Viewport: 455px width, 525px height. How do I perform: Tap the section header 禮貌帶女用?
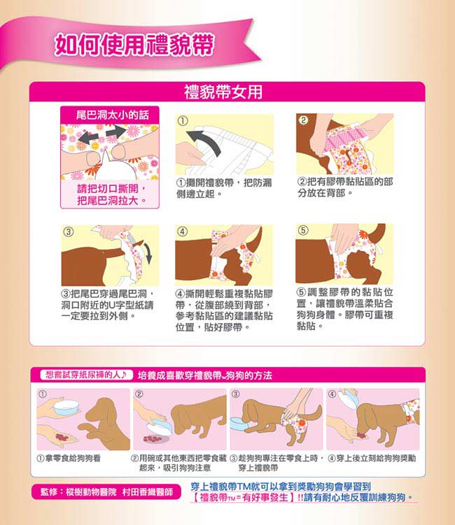point(223,92)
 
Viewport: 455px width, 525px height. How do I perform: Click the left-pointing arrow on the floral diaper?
point(89,137)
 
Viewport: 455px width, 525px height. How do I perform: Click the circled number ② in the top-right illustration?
point(303,120)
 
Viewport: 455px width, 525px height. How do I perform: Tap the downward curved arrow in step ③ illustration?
point(147,254)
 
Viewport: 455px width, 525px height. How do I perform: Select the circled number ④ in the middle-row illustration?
point(182,231)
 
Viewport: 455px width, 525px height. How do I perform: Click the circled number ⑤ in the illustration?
point(303,230)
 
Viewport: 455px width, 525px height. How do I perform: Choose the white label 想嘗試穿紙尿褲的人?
point(85,375)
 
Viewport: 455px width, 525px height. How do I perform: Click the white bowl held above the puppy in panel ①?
point(66,408)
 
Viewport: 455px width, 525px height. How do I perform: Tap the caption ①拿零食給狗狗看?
point(69,458)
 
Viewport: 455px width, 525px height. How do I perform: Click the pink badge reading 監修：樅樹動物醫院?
point(106,492)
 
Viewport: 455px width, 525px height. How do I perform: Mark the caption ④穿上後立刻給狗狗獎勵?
point(372,458)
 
